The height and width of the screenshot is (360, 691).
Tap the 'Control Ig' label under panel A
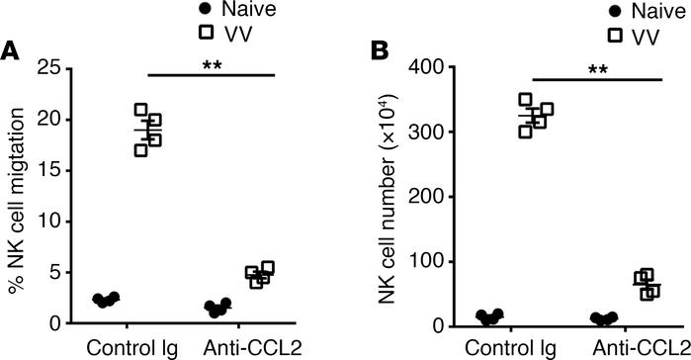[127, 348]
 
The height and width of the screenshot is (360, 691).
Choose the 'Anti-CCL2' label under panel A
[243, 348]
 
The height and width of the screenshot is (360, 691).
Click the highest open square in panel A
[140, 111]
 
